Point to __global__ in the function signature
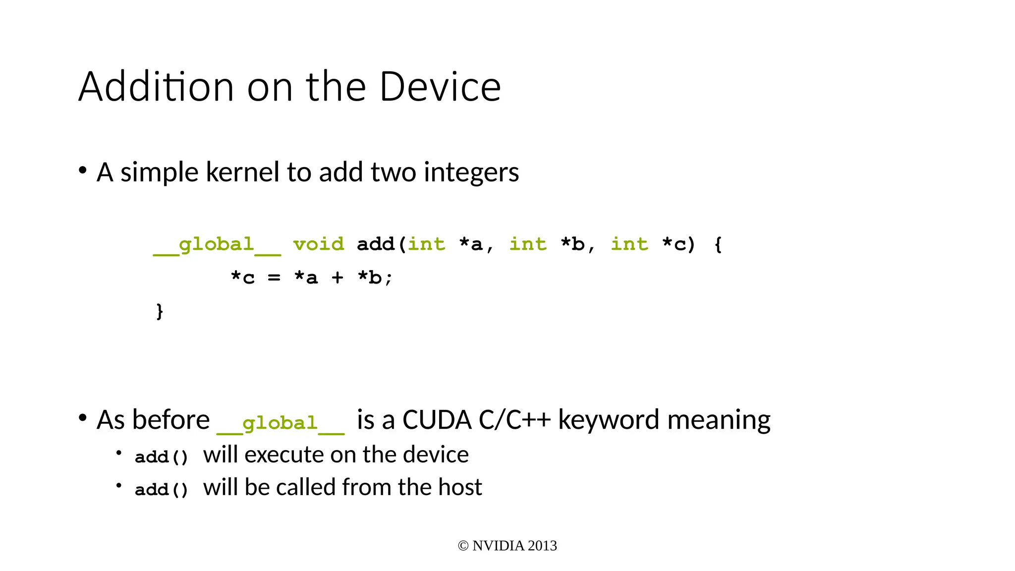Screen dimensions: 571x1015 coord(217,245)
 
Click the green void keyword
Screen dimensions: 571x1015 coord(318,244)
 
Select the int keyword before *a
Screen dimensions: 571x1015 coord(426,244)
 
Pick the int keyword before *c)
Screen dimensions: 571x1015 coord(629,244)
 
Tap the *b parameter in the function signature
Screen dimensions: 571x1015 coord(572,244)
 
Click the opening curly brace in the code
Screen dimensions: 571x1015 coord(718,244)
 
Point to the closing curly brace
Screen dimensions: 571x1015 coord(160,311)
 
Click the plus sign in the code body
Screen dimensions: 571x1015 coord(338,278)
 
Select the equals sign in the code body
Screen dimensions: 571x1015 coord(274,278)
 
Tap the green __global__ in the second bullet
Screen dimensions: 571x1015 coord(280,424)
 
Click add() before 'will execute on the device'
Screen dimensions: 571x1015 coord(162,457)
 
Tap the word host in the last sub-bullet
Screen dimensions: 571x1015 coord(460,487)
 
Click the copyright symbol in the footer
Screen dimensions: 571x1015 coord(463,546)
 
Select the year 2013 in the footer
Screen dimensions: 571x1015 coord(542,546)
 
